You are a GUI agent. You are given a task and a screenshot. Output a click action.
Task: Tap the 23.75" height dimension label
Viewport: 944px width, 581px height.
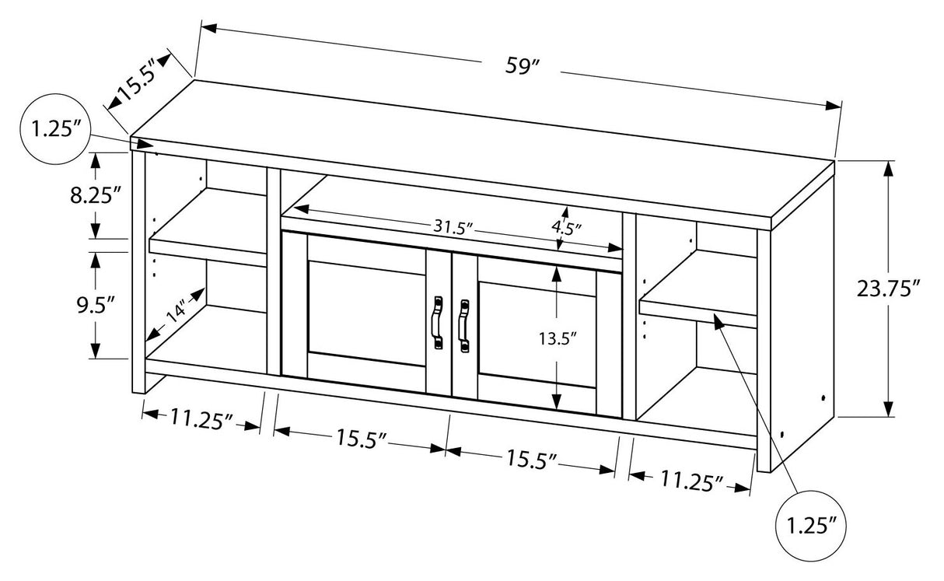[x=888, y=289]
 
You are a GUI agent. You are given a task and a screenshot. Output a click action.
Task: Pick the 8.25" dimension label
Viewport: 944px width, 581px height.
[x=95, y=194]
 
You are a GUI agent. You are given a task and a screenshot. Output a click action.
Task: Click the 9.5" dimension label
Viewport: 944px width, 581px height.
[x=95, y=304]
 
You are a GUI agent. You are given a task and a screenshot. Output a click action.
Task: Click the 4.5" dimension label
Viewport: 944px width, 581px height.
[x=566, y=228]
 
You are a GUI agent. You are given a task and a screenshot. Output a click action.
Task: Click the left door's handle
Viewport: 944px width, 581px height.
[x=437, y=319]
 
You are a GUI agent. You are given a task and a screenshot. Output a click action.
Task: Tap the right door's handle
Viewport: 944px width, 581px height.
[x=464, y=319]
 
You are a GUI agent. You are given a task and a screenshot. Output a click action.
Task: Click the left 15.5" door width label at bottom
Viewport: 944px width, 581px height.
[x=362, y=439]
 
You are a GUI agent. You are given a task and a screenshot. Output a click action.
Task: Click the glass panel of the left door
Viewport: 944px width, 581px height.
[x=367, y=313]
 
